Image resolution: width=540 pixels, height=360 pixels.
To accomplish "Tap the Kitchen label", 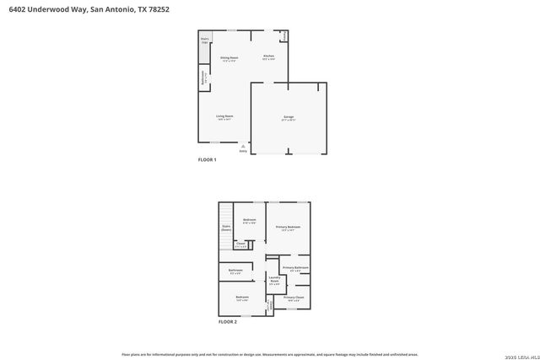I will tap(268, 57).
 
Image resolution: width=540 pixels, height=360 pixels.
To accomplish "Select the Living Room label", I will tap(224, 116).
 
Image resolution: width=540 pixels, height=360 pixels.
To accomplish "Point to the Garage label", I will tap(289, 118).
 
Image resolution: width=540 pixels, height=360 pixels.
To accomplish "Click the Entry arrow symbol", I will tap(243, 146).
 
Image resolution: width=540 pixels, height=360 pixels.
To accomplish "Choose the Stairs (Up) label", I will tap(204, 40).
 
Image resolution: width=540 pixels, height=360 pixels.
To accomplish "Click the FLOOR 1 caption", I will tap(208, 159).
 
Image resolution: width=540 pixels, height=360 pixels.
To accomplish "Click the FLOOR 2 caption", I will tap(228, 322).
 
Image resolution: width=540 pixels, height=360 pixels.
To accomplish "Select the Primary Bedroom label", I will tap(288, 228).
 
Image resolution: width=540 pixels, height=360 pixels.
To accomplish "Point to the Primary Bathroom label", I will tap(295, 268).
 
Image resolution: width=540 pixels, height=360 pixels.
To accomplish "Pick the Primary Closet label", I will tap(294, 298).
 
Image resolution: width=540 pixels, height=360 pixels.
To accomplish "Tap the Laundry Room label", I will tap(274, 280).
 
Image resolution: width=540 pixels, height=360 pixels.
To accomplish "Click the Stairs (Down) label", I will tap(226, 228).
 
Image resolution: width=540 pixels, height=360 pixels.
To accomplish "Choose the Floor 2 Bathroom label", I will tap(235, 271).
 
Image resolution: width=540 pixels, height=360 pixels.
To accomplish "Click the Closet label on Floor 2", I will tap(240, 245).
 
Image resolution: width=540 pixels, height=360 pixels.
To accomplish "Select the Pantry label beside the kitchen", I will tap(285, 35).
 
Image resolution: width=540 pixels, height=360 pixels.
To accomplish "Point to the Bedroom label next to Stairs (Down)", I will tap(249, 221).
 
